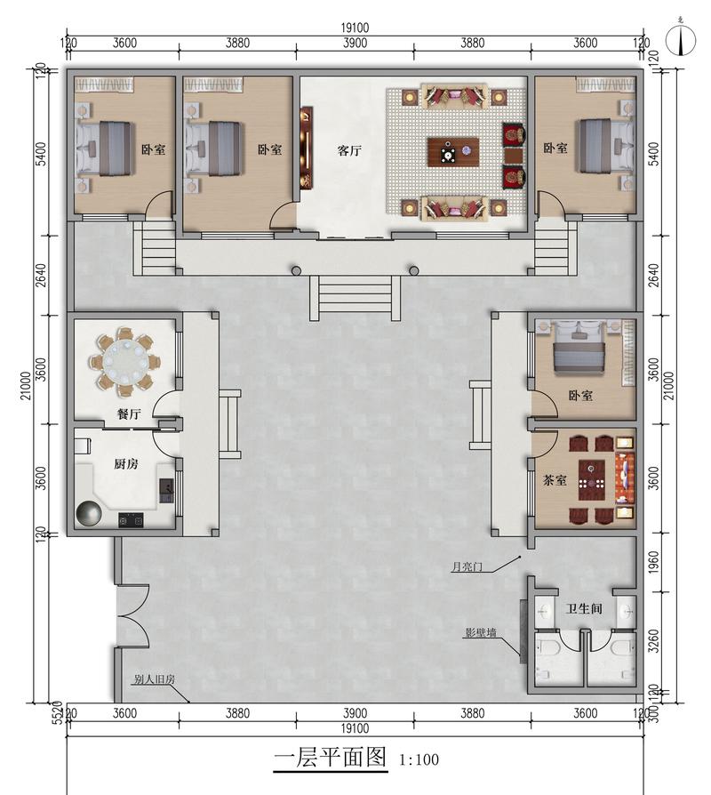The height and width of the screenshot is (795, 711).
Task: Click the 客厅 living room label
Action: coord(349,150)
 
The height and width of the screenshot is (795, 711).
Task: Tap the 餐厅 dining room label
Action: coord(129,414)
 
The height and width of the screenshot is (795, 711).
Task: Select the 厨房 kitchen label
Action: coord(125,463)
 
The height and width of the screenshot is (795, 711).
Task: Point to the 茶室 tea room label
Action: coord(555,479)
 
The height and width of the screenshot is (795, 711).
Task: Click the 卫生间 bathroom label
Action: coord(584,608)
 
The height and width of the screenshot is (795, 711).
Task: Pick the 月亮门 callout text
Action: coord(467,566)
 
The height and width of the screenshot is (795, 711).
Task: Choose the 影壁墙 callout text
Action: coord(481,633)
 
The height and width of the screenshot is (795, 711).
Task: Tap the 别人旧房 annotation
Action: coord(154,679)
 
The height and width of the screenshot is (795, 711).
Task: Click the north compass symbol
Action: coord(681,38)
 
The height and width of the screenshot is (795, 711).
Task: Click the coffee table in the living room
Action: coord(453,151)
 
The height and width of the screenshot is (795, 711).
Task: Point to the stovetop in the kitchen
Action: coord(131,519)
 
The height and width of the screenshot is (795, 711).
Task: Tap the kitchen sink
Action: coord(165,490)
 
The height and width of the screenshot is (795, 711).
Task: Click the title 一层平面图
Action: coord(331,758)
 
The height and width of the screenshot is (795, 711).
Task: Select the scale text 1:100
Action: coord(419,759)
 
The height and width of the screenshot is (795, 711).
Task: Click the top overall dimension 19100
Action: coord(355,28)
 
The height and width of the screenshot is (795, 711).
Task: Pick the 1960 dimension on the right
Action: coord(654,563)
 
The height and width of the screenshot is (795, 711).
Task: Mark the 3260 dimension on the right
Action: coord(654,641)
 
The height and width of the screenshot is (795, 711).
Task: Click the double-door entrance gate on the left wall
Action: coord(132,616)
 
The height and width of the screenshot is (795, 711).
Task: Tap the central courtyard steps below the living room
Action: coord(355,298)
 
